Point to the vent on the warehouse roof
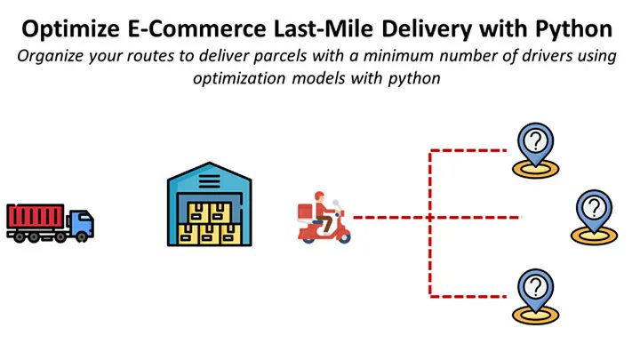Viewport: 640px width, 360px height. (210, 181)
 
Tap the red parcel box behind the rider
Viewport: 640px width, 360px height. (305, 211)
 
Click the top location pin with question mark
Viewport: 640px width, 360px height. (535, 144)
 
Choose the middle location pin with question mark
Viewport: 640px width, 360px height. (592, 211)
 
